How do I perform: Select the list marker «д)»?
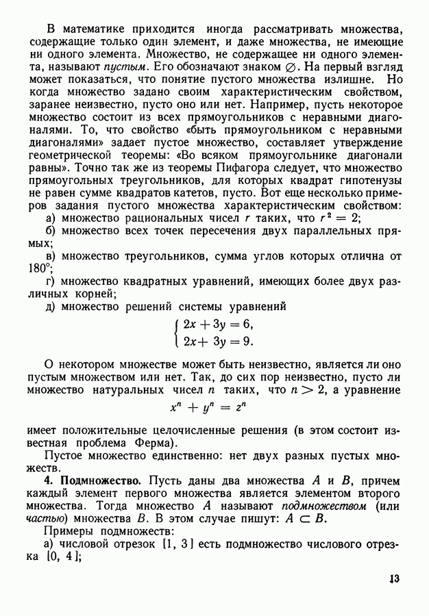[50, 307]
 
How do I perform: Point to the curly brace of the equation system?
[177, 333]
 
